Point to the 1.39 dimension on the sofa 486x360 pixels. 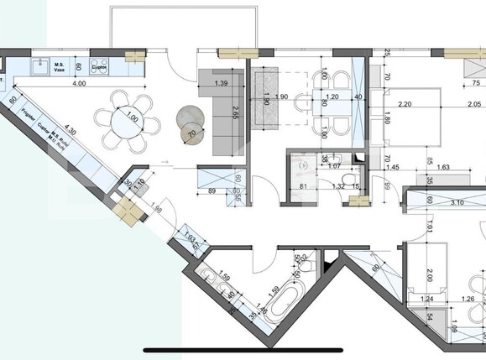222,85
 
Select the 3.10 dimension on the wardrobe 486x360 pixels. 457,202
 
